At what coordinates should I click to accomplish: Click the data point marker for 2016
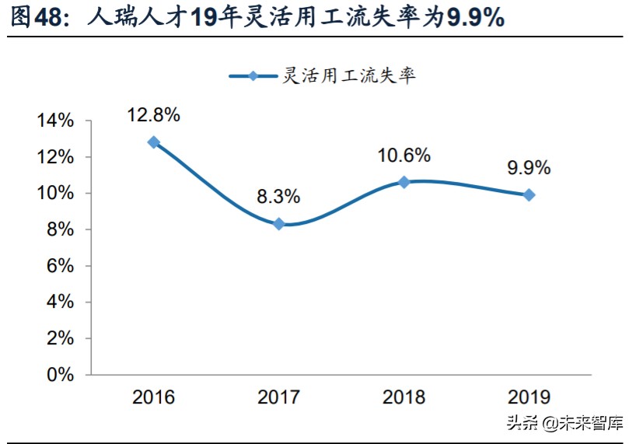(154, 142)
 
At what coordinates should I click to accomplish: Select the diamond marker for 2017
(279, 224)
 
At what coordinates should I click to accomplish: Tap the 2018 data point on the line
(404, 182)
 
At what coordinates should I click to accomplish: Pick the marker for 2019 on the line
(529, 195)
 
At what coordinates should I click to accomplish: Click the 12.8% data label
(154, 115)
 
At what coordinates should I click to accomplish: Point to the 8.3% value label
(278, 197)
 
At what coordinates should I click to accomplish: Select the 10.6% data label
(404, 155)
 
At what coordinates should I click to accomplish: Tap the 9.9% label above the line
(529, 168)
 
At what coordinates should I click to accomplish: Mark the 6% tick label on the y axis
(59, 266)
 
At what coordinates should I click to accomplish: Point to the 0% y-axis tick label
(59, 375)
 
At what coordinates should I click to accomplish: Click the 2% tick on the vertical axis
(59, 339)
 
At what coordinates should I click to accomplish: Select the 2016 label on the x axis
(154, 397)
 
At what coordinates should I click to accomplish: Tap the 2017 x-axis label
(278, 397)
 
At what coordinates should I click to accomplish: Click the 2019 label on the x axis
(529, 397)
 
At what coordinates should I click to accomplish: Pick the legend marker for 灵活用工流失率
(253, 75)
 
